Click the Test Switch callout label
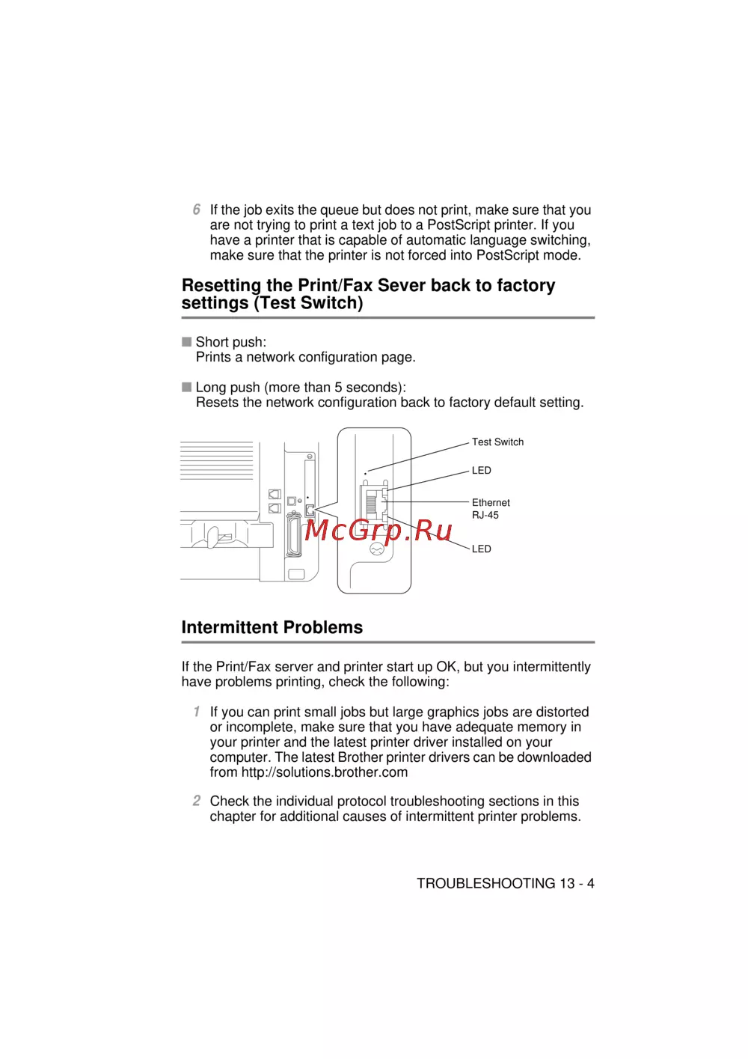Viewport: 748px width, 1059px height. [x=497, y=442]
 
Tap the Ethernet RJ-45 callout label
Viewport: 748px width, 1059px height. [x=491, y=509]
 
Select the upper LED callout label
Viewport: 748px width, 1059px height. [x=482, y=471]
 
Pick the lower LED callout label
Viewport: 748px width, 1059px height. [x=482, y=549]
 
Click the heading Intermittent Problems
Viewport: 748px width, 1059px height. [x=272, y=628]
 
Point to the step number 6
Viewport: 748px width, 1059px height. [x=196, y=210]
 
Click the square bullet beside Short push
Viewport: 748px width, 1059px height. [x=187, y=342]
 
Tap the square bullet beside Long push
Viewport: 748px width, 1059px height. [x=187, y=387]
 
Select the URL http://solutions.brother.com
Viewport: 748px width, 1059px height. [x=325, y=772]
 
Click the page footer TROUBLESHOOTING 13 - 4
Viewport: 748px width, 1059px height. [x=506, y=884]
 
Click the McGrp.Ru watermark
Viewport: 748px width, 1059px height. [x=378, y=530]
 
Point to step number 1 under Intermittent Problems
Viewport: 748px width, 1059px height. [x=196, y=712]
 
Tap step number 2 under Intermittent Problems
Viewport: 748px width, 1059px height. [x=196, y=801]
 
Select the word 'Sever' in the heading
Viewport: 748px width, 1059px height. [x=402, y=286]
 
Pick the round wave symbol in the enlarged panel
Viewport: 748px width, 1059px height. [x=377, y=550]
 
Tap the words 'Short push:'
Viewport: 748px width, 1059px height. [x=231, y=342]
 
